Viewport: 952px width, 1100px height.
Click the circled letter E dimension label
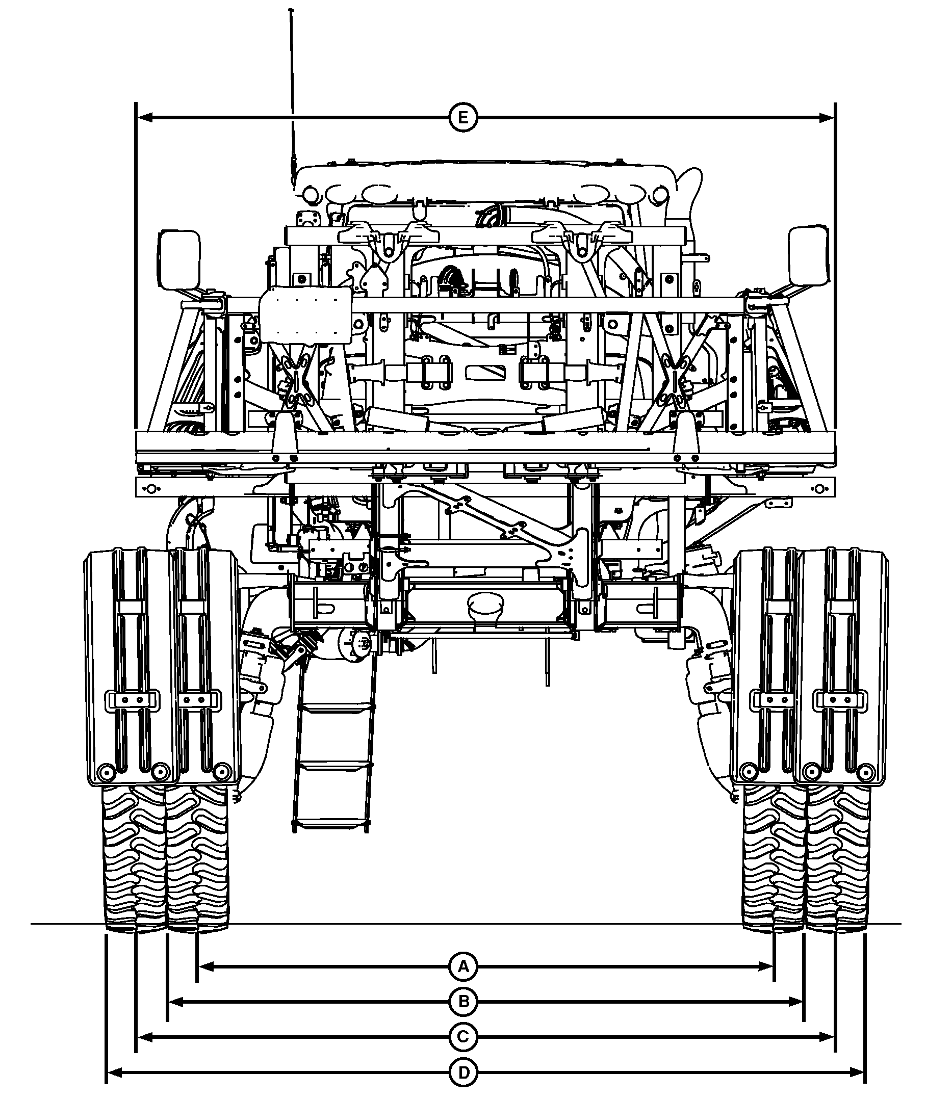point(463,118)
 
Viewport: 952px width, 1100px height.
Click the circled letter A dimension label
point(463,966)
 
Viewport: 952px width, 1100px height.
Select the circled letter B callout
point(463,1002)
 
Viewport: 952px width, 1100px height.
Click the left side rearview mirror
point(179,260)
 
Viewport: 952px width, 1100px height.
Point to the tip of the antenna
point(290,10)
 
